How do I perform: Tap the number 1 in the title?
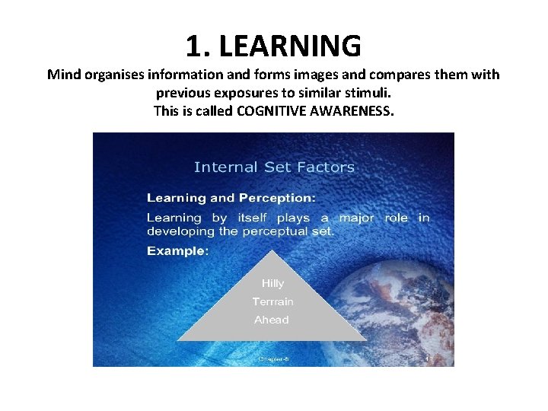(x=194, y=46)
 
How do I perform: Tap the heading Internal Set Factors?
(x=274, y=167)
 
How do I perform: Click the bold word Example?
(x=177, y=250)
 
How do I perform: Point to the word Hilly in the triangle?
(x=272, y=283)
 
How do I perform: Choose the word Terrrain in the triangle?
(x=272, y=301)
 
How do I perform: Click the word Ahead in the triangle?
(x=272, y=320)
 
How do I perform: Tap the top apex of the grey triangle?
(x=272, y=247)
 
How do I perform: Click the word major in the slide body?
(x=356, y=218)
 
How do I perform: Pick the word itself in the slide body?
(x=248, y=218)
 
